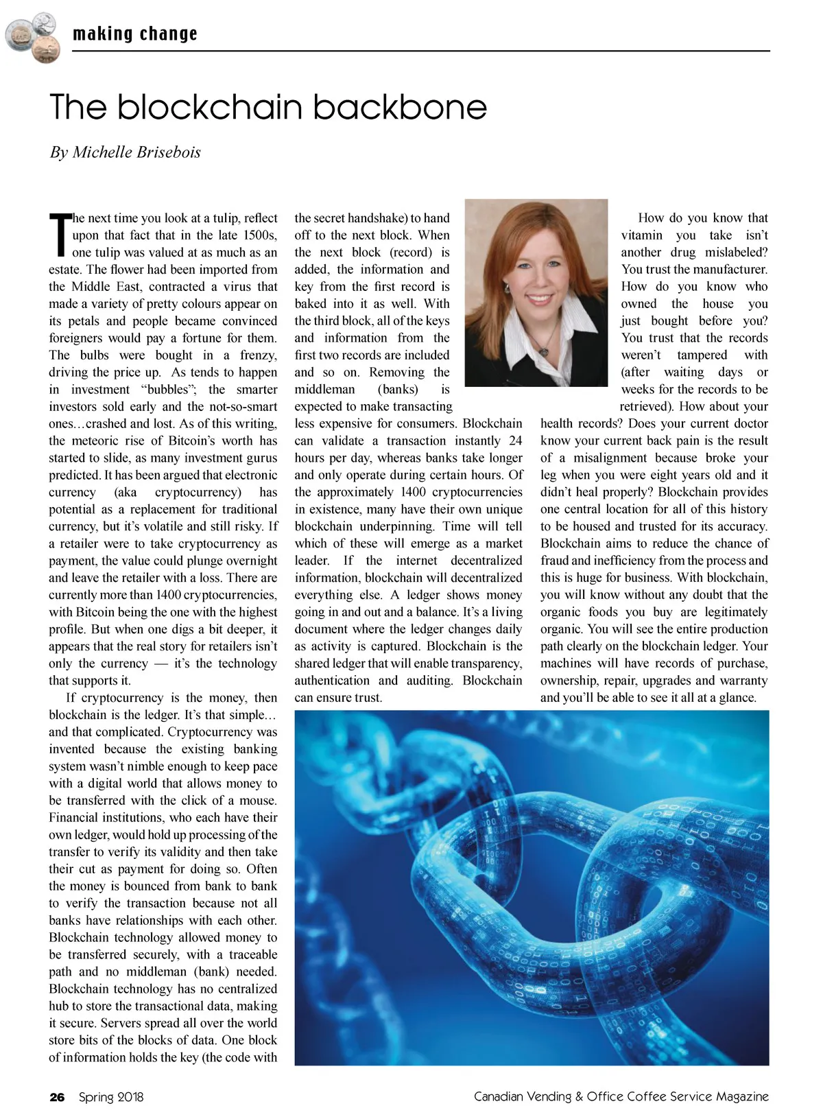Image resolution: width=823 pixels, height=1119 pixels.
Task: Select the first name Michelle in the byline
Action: pos(102,152)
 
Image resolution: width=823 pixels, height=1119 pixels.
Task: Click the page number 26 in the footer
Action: pos(57,1097)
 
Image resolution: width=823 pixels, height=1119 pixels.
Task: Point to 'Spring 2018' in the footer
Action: pos(111,1097)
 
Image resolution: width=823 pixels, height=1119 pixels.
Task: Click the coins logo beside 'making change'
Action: pos(32,37)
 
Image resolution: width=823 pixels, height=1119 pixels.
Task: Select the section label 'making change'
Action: pos(135,34)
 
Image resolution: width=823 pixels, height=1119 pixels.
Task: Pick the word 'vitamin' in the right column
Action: pos(642,235)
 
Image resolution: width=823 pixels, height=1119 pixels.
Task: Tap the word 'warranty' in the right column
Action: pos(743,681)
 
